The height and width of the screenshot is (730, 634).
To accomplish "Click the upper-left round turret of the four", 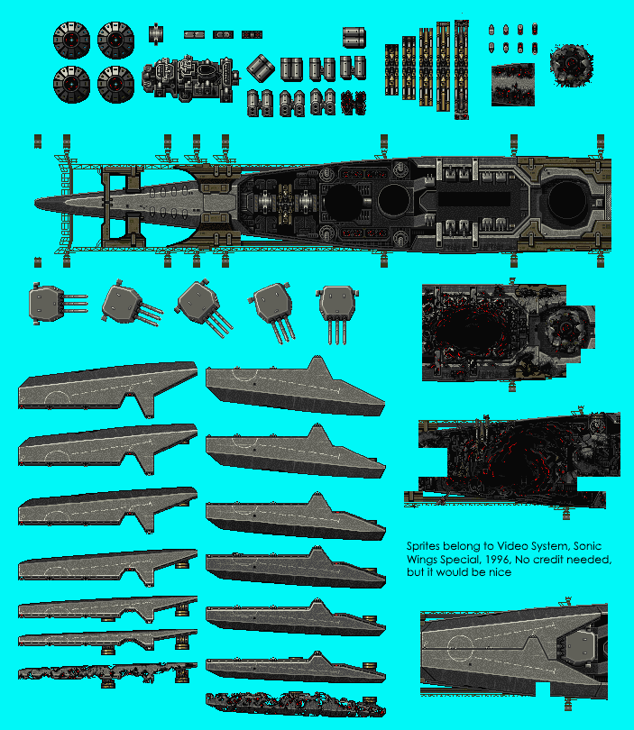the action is point(71,40).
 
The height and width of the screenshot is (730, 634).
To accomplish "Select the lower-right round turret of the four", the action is point(116,85).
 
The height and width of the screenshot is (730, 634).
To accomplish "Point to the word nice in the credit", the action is point(500,571).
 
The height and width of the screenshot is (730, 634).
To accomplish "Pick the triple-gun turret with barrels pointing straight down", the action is point(337,314).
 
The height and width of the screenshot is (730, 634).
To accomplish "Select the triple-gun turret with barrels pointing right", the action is point(58,303).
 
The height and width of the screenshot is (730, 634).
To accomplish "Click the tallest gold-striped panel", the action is point(461,69).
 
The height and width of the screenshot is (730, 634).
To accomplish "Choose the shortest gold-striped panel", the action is point(391,69).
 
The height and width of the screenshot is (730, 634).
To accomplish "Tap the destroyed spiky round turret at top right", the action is point(571,66).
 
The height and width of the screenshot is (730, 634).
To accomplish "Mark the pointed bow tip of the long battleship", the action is point(35,203).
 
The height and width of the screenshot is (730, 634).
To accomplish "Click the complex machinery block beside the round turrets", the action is point(190,79).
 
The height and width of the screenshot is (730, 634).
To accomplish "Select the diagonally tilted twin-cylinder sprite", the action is point(261,68).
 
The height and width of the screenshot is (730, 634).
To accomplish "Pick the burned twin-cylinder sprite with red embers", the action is point(354,103).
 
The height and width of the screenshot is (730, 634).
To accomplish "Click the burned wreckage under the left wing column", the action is point(107,673).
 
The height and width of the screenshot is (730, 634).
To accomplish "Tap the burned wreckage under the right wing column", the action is point(296,704).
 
